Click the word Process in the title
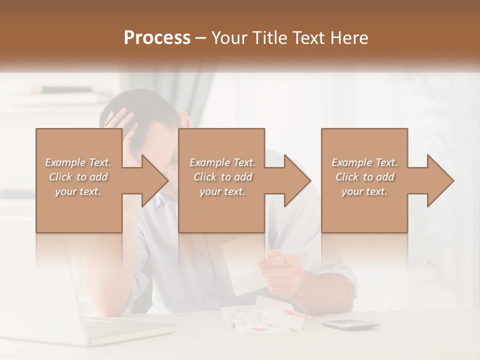coord(157,38)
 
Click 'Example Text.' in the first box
coord(78,162)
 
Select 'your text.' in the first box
coord(78,191)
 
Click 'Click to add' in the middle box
coord(222,177)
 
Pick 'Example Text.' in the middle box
coord(222,162)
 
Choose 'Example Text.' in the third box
coord(364,162)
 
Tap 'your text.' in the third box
coord(364,191)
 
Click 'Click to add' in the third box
coord(364,177)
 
